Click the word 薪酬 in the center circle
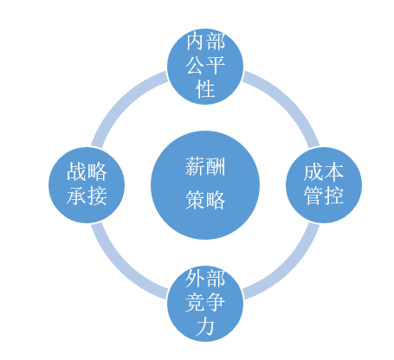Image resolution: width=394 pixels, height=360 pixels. point(205,167)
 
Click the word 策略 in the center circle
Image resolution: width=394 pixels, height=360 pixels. point(205,200)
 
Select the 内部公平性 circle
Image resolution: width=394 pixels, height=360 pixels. point(205,67)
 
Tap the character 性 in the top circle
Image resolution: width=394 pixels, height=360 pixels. point(205,89)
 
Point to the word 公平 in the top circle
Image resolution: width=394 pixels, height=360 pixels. point(205,66)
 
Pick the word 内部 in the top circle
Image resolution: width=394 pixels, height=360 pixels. point(205,42)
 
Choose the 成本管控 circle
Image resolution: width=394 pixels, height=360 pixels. point(324,185)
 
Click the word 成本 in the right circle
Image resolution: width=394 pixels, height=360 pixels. point(324,172)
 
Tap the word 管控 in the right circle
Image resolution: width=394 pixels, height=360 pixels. point(324,196)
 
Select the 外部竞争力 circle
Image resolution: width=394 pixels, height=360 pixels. point(205,304)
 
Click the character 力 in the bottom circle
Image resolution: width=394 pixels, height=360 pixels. point(205,326)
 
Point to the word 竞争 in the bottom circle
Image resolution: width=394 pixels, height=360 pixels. point(205,303)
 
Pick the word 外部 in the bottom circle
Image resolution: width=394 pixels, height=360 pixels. point(205,279)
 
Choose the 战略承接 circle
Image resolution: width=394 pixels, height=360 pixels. point(87,185)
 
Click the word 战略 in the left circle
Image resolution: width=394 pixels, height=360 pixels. point(87,172)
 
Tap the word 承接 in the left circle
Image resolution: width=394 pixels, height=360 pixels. point(87,196)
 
